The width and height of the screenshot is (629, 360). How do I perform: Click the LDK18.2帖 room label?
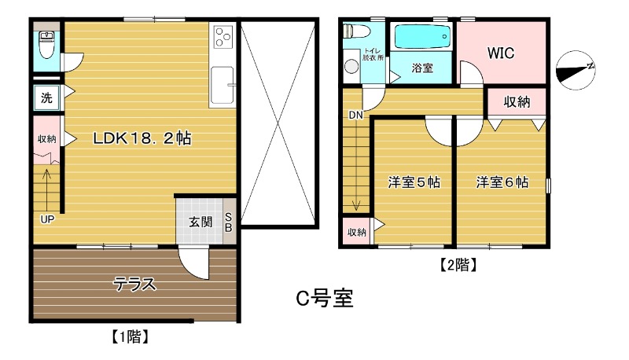(x=142, y=138)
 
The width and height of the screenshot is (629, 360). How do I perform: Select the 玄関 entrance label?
(x=200, y=222)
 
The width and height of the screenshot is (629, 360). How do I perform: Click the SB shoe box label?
(x=229, y=222)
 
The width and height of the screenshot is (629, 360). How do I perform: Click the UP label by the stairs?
(x=47, y=219)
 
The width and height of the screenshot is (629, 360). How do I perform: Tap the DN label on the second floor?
(x=355, y=115)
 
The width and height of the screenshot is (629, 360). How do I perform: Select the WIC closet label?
(x=500, y=53)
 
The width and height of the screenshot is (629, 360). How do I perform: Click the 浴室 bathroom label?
(x=422, y=68)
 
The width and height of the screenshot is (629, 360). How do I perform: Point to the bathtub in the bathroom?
(x=422, y=36)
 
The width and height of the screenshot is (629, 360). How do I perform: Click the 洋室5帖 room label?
(x=413, y=182)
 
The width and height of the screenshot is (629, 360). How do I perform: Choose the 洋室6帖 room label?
(x=501, y=182)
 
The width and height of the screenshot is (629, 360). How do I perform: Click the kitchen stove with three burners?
(x=223, y=37)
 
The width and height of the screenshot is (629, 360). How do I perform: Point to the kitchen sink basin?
(x=223, y=83)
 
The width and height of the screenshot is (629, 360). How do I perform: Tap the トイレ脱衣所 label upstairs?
(x=373, y=53)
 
